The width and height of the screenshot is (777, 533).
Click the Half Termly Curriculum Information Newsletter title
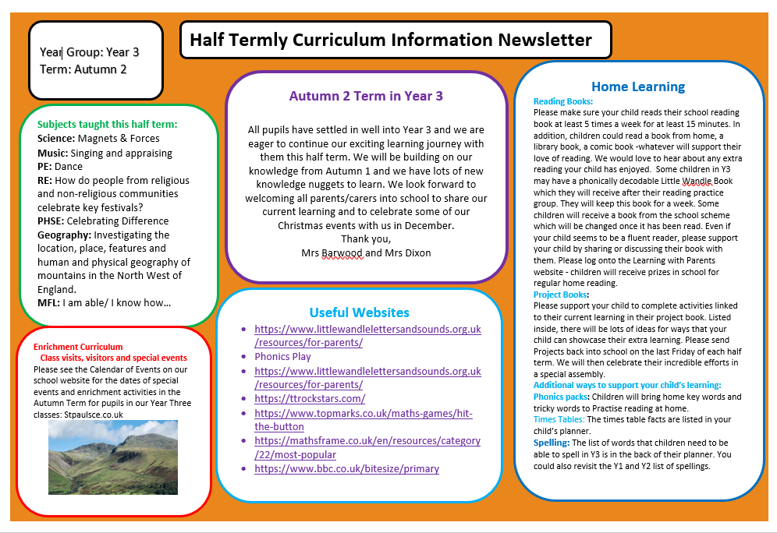click(391, 40)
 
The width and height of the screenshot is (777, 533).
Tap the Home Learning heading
click(637, 86)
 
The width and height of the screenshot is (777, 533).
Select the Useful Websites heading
click(359, 312)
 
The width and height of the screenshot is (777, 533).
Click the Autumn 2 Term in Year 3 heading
click(366, 96)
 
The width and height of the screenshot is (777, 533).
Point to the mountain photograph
click(112, 457)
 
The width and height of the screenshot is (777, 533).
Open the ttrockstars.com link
click(310, 399)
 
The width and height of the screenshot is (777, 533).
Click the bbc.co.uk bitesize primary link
click(346, 469)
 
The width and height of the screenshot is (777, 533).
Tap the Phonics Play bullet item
click(282, 357)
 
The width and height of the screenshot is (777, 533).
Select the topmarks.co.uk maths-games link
click(363, 420)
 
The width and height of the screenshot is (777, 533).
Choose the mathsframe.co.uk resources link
click(367, 448)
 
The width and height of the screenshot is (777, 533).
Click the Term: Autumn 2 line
click(83, 69)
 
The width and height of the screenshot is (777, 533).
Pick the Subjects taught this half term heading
click(107, 124)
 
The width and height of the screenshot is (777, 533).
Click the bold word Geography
click(63, 235)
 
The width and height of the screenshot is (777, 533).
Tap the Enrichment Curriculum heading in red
click(78, 347)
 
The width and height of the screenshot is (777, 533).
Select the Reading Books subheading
click(563, 101)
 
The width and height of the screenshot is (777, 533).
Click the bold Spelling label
click(552, 443)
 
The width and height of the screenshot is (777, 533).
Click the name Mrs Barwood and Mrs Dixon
click(366, 252)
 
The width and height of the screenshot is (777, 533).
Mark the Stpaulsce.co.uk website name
click(90, 415)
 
